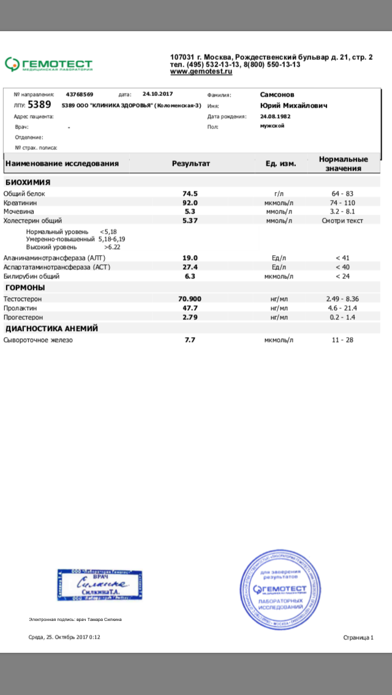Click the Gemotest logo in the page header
48,64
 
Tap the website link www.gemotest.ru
202,72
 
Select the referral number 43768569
80,94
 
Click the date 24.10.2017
159,94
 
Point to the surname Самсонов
277,95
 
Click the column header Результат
190,164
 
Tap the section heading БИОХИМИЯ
28,182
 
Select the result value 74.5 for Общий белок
190,193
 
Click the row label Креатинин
18,203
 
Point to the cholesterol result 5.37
190,220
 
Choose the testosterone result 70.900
190,299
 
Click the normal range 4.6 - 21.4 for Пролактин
342,308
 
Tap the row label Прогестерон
23,318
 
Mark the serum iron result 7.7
190,340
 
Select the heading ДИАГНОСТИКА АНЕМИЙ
52,329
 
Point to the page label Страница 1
358,637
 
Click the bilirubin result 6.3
190,276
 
